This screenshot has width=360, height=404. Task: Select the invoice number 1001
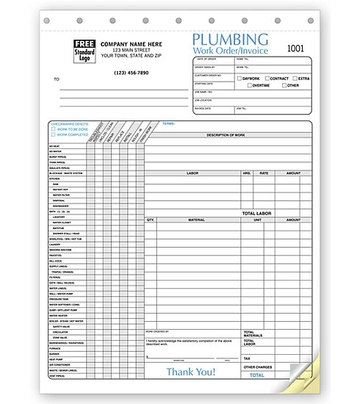[295, 48]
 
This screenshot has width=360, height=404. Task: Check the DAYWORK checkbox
[239, 78]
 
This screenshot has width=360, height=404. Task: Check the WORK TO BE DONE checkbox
[54, 129]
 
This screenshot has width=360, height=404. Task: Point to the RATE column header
[264, 173]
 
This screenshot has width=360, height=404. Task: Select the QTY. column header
[151, 220]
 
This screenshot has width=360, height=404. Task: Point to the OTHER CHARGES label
[259, 367]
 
